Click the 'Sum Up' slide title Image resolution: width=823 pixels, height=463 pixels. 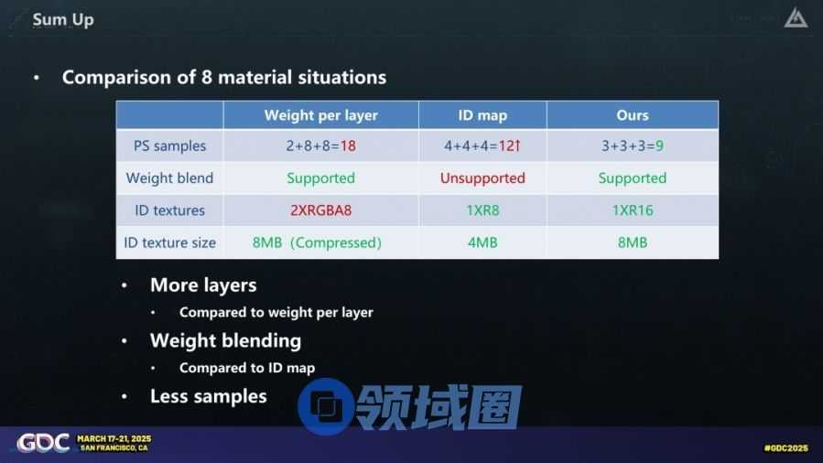click(63, 20)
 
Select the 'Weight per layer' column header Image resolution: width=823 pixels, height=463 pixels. click(320, 115)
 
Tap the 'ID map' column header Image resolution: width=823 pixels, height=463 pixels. click(482, 115)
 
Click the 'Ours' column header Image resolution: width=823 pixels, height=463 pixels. click(632, 115)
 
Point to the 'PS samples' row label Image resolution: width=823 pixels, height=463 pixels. click(169, 145)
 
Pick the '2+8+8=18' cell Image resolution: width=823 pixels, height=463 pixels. click(320, 145)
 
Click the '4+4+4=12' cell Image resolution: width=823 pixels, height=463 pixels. click(482, 145)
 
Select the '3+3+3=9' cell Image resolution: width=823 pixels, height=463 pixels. click(632, 145)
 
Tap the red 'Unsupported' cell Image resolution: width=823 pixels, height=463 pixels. click(482, 178)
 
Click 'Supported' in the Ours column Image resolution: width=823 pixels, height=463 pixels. click(632, 178)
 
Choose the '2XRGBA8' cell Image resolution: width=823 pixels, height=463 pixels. click(320, 210)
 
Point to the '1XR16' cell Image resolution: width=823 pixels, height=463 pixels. click(632, 210)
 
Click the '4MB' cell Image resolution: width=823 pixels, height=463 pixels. click(482, 242)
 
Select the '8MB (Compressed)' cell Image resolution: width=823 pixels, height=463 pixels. click(317, 242)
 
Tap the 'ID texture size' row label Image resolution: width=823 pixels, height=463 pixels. click(169, 242)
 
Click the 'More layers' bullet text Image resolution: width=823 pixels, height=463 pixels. click(203, 285)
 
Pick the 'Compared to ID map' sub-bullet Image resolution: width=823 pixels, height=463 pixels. click(246, 368)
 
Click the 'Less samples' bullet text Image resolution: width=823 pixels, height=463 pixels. click(209, 396)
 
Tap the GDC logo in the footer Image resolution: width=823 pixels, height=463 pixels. click(43, 443)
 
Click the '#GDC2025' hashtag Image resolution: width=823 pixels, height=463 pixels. click(785, 447)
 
